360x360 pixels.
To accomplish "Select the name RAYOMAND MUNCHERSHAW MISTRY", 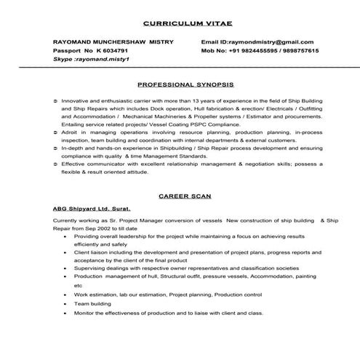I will [113, 42].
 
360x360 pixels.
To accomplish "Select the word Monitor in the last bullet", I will [85, 313].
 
